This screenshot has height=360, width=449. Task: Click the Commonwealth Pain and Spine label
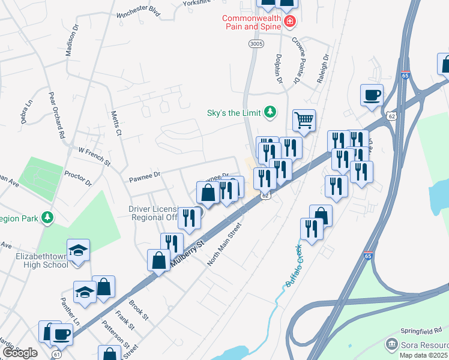coord(252,22)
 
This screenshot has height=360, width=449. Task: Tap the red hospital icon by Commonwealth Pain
coord(290,22)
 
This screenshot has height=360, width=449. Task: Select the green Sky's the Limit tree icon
coord(271,112)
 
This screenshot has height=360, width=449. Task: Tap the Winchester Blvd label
coord(140,12)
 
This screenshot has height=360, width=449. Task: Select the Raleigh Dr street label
coord(325,67)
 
